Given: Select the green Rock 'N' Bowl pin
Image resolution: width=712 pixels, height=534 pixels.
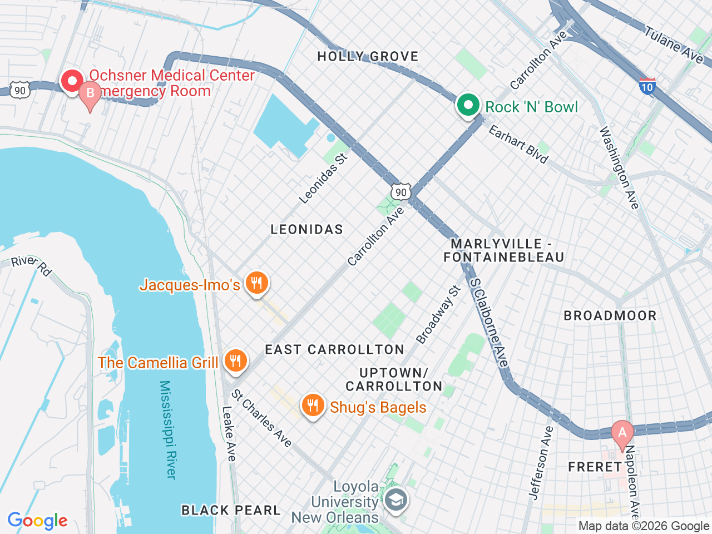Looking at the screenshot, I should pyautogui.click(x=468, y=105).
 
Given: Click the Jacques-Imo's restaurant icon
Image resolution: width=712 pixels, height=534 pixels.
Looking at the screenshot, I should pyautogui.click(x=256, y=284).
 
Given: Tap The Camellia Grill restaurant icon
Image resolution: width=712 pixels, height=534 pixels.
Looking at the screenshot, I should pyautogui.click(x=235, y=362).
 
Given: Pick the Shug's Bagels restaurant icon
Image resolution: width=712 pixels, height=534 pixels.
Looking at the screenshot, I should pyautogui.click(x=313, y=406).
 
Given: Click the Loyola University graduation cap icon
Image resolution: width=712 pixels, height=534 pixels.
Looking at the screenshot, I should pyautogui.click(x=397, y=500).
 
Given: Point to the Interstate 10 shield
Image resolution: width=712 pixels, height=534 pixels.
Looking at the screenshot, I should pyautogui.click(x=647, y=86).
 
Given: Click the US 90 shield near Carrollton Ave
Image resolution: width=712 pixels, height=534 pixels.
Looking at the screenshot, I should pyautogui.click(x=400, y=192).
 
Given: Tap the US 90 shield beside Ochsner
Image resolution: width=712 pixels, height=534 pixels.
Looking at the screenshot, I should pyautogui.click(x=20, y=90).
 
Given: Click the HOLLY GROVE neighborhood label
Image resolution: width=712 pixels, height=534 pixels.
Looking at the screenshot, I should pyautogui.click(x=368, y=56).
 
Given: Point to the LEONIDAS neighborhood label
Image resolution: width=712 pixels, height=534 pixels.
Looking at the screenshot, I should pyautogui.click(x=306, y=229).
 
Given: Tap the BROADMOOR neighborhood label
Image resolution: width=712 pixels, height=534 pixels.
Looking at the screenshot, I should pyautogui.click(x=610, y=315).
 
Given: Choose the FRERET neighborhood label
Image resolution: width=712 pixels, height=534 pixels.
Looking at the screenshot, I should pyautogui.click(x=595, y=467).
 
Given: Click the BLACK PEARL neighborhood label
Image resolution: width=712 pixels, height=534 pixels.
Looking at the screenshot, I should pyautogui.click(x=231, y=510).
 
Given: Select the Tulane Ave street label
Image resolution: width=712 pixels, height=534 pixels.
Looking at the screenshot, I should pyautogui.click(x=674, y=44).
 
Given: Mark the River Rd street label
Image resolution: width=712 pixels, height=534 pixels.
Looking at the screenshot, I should pyautogui.click(x=31, y=265).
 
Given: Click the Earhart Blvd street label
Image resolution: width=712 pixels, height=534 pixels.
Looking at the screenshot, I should pyautogui.click(x=518, y=144).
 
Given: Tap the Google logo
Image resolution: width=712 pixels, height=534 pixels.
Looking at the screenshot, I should pyautogui.click(x=37, y=521).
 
